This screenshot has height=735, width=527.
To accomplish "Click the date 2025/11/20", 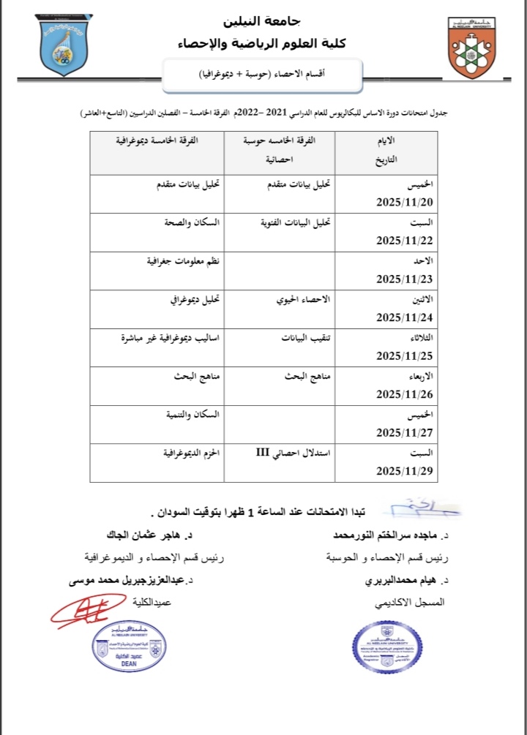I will click(x=405, y=201).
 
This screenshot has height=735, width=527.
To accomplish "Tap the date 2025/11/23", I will click(x=405, y=279).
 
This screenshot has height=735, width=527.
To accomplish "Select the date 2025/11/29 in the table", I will click(x=405, y=472).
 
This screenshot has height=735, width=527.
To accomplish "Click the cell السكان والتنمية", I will click(x=192, y=415).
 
